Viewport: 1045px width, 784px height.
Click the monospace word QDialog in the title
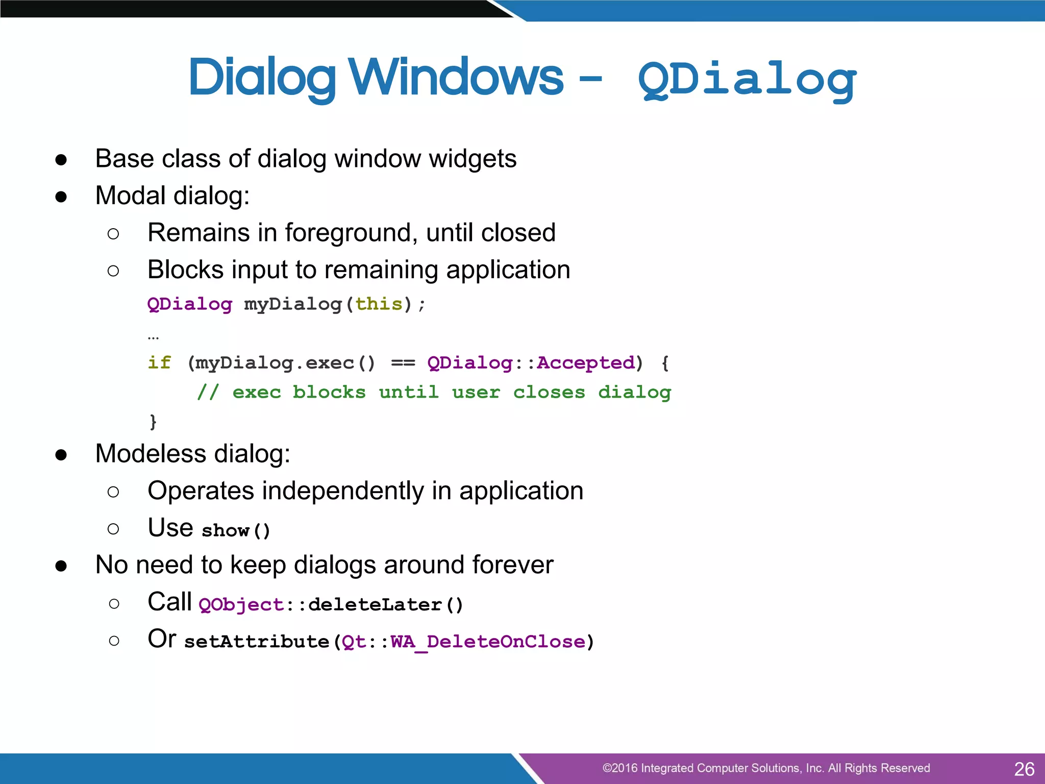(x=747, y=79)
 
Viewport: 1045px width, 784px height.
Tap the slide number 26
(x=1024, y=769)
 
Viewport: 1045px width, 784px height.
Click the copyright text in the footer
(x=765, y=768)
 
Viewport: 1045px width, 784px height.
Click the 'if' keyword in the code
(x=159, y=363)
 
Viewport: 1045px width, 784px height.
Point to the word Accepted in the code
(x=586, y=363)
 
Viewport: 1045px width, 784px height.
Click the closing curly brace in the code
(x=153, y=422)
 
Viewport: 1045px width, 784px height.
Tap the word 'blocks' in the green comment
(x=329, y=393)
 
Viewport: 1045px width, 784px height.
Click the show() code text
(x=236, y=531)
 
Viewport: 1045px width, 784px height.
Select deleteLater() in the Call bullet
(x=386, y=605)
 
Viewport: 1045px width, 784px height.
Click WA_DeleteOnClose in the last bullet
(x=488, y=642)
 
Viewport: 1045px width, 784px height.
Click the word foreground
(x=352, y=233)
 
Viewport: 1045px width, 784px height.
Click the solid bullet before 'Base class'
(x=61, y=160)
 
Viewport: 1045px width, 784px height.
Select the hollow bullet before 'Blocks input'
(x=113, y=271)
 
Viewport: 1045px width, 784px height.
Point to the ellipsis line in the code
(x=153, y=337)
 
